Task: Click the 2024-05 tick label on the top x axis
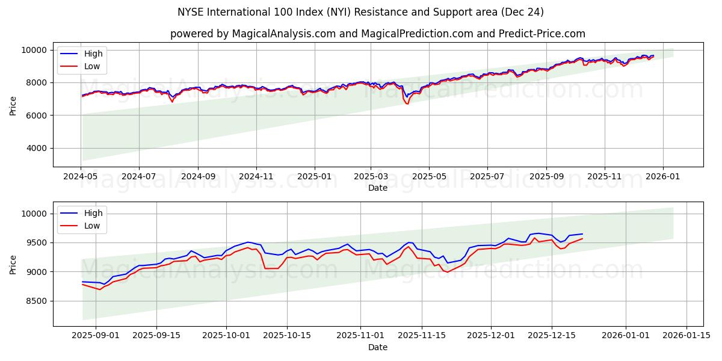[81, 177]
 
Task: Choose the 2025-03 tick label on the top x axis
[371, 177]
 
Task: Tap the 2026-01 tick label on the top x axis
[663, 177]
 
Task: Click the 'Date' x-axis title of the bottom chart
[377, 347]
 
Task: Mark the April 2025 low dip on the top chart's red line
[407, 103]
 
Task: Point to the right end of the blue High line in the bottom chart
[582, 234]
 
